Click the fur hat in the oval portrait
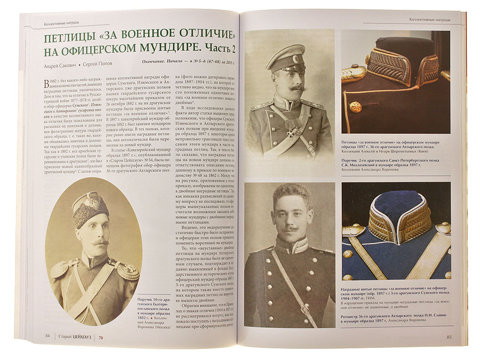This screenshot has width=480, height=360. (90, 208)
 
